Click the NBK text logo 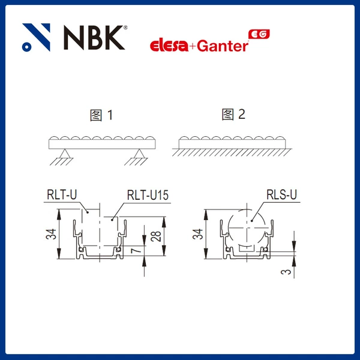click(94, 37)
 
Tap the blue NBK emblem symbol click(36, 37)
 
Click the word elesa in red click(169, 46)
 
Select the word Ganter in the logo click(223, 46)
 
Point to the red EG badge click(259, 34)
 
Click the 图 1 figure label click(101, 115)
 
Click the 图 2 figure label click(233, 115)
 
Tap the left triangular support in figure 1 click(65, 154)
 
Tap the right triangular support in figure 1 click(139, 154)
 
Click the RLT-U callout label click(62, 194)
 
